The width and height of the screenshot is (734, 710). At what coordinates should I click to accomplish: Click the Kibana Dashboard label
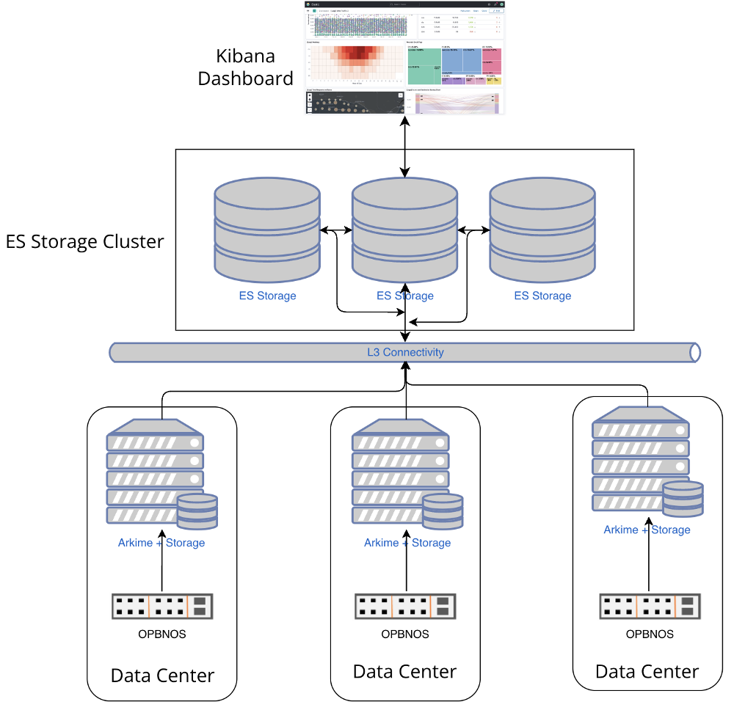[245, 67]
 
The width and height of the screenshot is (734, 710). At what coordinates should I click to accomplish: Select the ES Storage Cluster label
[85, 241]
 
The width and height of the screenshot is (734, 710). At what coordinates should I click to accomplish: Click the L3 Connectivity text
[405, 352]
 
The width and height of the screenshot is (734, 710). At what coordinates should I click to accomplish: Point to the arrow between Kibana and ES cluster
[404, 146]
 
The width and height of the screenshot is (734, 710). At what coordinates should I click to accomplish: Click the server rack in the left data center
[155, 470]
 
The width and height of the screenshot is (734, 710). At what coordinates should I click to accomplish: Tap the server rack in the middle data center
[400, 470]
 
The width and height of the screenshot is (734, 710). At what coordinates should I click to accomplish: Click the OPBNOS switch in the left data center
[162, 606]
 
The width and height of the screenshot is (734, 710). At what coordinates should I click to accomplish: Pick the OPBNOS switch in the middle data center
[405, 606]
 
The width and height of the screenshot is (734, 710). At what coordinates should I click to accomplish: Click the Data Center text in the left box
[162, 676]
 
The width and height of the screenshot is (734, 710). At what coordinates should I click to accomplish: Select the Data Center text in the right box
[647, 671]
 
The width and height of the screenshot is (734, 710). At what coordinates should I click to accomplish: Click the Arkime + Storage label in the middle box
[407, 543]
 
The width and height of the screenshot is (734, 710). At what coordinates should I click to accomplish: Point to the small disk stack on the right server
[683, 498]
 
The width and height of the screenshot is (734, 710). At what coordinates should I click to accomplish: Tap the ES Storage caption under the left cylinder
[267, 296]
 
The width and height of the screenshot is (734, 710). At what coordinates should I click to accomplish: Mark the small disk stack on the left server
[197, 510]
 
